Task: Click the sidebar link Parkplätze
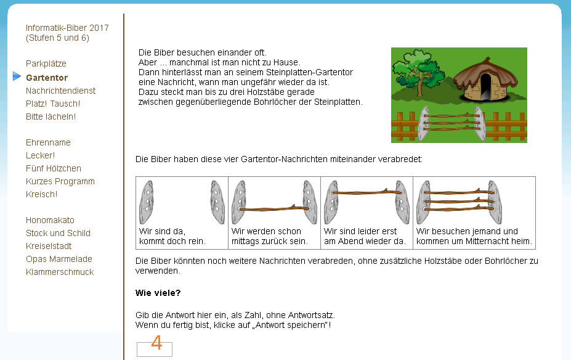(x=46, y=63)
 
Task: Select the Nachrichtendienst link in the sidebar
(x=60, y=91)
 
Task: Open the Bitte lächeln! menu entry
(x=51, y=117)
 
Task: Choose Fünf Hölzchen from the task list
(x=53, y=168)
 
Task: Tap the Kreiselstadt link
(x=49, y=246)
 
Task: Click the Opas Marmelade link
(x=59, y=259)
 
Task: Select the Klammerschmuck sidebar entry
(x=60, y=272)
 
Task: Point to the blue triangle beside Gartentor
(x=17, y=76)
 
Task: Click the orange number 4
(x=156, y=343)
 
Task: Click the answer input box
(x=155, y=350)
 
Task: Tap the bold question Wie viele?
(x=158, y=293)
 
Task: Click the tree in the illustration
(x=419, y=72)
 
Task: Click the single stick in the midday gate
(x=274, y=208)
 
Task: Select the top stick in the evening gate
(x=366, y=192)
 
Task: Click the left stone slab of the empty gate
(x=147, y=202)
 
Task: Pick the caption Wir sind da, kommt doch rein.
(x=172, y=236)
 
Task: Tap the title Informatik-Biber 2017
(x=67, y=28)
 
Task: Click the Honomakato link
(x=50, y=220)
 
